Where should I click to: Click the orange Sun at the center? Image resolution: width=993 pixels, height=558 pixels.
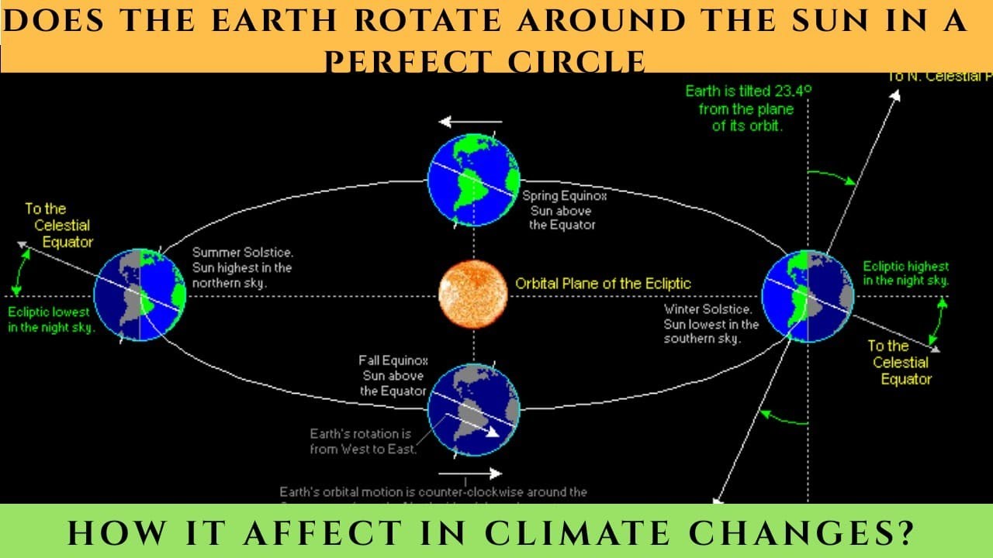472,294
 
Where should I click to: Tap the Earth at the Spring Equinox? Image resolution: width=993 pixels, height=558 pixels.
473,180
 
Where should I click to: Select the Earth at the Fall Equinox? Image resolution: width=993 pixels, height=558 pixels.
473,409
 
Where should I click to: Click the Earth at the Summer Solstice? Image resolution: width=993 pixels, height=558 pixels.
140,294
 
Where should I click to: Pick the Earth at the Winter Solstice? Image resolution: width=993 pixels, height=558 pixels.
808,296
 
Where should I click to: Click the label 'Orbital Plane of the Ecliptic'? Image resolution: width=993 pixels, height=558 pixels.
603,284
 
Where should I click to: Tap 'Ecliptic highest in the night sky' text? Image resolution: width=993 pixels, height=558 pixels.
905,274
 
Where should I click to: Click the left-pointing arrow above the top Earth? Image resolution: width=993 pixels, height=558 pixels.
471,122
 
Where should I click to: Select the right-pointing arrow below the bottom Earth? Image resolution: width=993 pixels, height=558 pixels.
469,474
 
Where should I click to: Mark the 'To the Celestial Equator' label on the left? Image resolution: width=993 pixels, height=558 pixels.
57,226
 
